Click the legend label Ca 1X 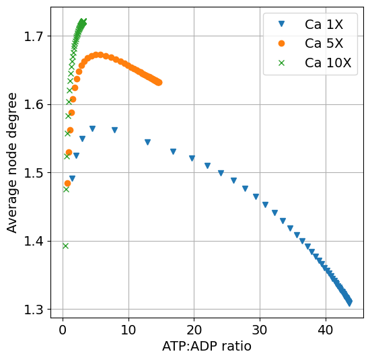click(x=324, y=25)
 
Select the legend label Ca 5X click(x=324, y=44)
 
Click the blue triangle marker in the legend click(x=281, y=25)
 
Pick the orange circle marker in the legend click(x=281, y=44)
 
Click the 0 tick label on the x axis click(x=63, y=330)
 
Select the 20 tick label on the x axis click(x=194, y=330)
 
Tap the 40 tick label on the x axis click(x=326, y=330)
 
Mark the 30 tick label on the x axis click(x=260, y=330)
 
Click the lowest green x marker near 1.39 click(x=65, y=246)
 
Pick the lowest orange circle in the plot click(x=67, y=183)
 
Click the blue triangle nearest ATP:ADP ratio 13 click(x=147, y=142)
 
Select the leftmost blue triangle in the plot click(x=72, y=178)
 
